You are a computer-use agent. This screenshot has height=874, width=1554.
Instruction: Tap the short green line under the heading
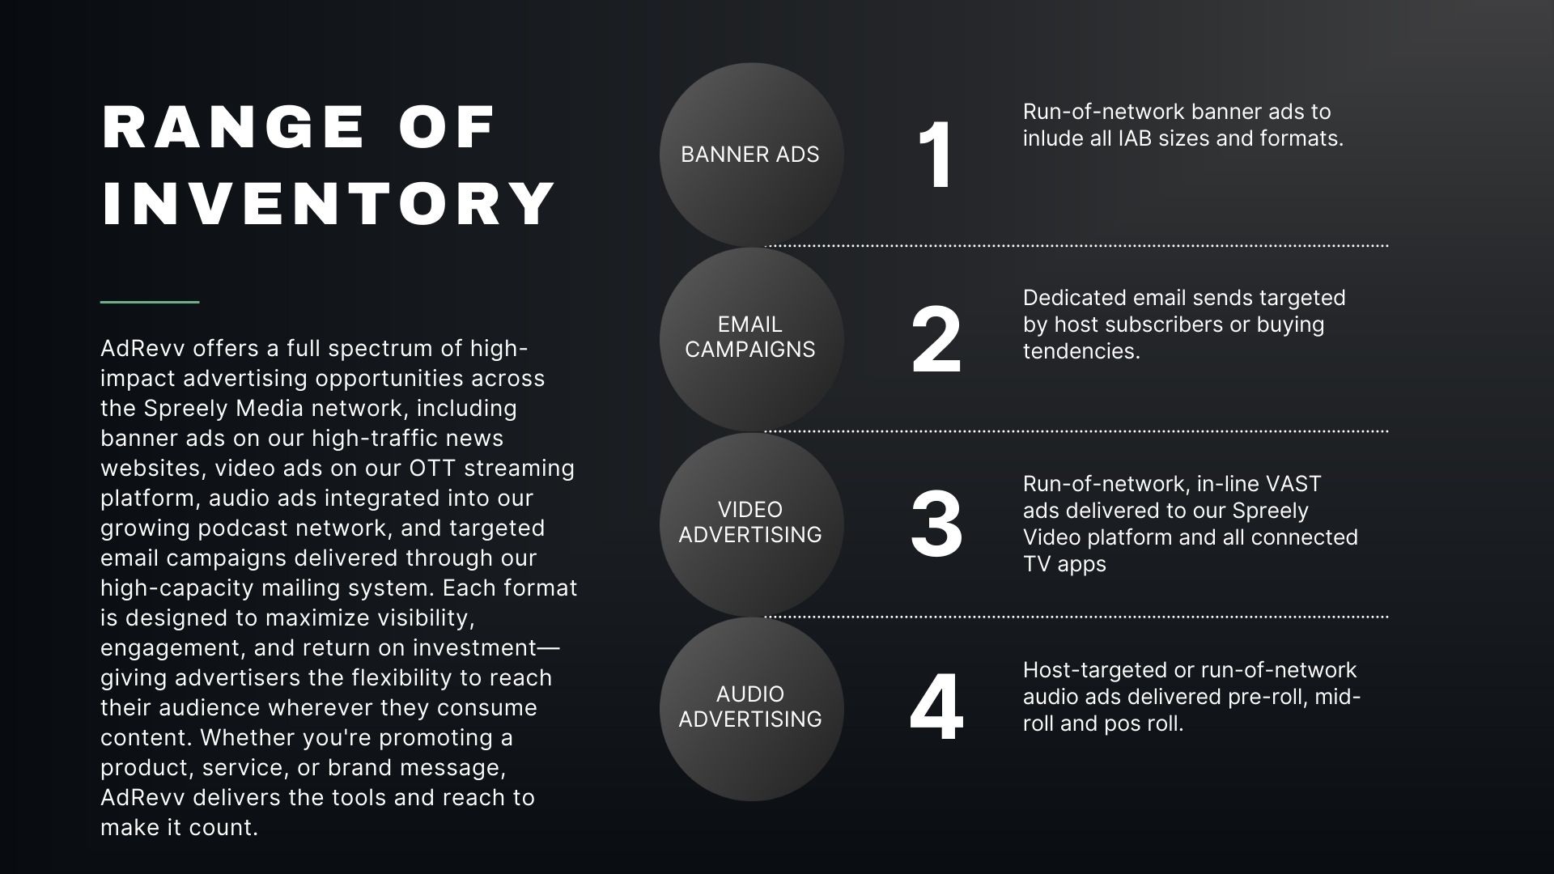[x=150, y=302]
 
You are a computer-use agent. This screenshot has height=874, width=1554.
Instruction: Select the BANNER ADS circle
[x=750, y=155]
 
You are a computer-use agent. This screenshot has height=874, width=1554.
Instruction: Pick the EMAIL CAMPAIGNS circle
[x=750, y=337]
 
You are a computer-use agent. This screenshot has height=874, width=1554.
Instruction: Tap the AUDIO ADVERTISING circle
[x=750, y=707]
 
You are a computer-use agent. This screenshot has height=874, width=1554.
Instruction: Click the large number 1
[x=936, y=155]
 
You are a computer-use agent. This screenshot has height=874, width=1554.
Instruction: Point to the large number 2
[x=936, y=341]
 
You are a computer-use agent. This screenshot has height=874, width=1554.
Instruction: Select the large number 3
[x=936, y=524]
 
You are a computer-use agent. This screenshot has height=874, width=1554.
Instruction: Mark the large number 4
[x=936, y=708]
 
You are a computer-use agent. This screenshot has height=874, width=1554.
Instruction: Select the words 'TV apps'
[x=1064, y=564]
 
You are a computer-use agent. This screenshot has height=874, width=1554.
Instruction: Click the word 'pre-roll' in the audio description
[x=1266, y=697]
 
